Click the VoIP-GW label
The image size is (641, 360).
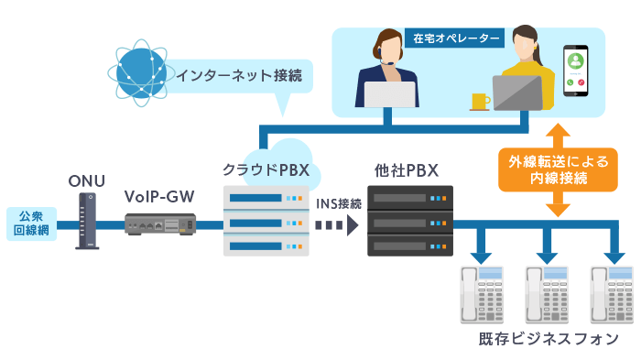161,197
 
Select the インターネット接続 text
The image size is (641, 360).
239,74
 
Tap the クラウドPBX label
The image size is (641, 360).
266,170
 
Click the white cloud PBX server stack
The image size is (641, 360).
265,221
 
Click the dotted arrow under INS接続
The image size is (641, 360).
338,224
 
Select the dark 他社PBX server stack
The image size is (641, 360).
409,220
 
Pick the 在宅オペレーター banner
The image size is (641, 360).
454,38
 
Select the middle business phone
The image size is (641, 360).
547,294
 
